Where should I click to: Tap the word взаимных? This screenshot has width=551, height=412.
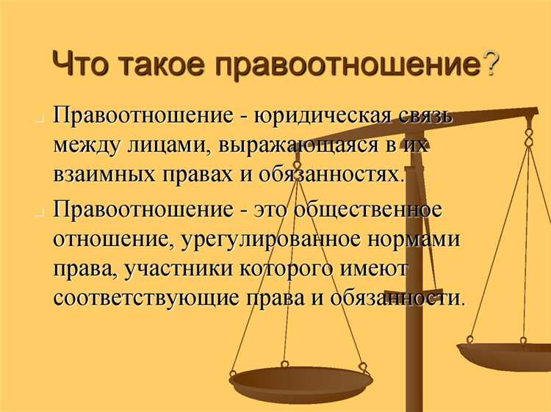click(104, 175)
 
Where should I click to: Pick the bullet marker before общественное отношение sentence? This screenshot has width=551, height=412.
click(40, 212)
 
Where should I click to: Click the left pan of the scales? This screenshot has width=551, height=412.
click(301, 382)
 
